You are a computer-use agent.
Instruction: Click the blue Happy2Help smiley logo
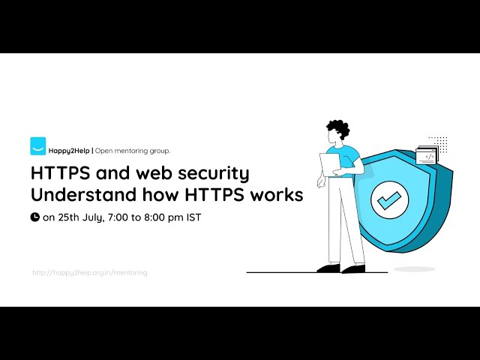coord(37,145)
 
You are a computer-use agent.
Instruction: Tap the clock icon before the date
coord(34,217)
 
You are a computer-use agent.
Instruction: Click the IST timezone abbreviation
coord(193,217)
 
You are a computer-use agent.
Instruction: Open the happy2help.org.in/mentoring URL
coord(89,272)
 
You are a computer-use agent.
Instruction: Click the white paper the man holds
coord(330,164)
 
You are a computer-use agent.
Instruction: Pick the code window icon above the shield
coord(426,155)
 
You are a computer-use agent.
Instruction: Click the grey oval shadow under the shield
coord(414,268)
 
